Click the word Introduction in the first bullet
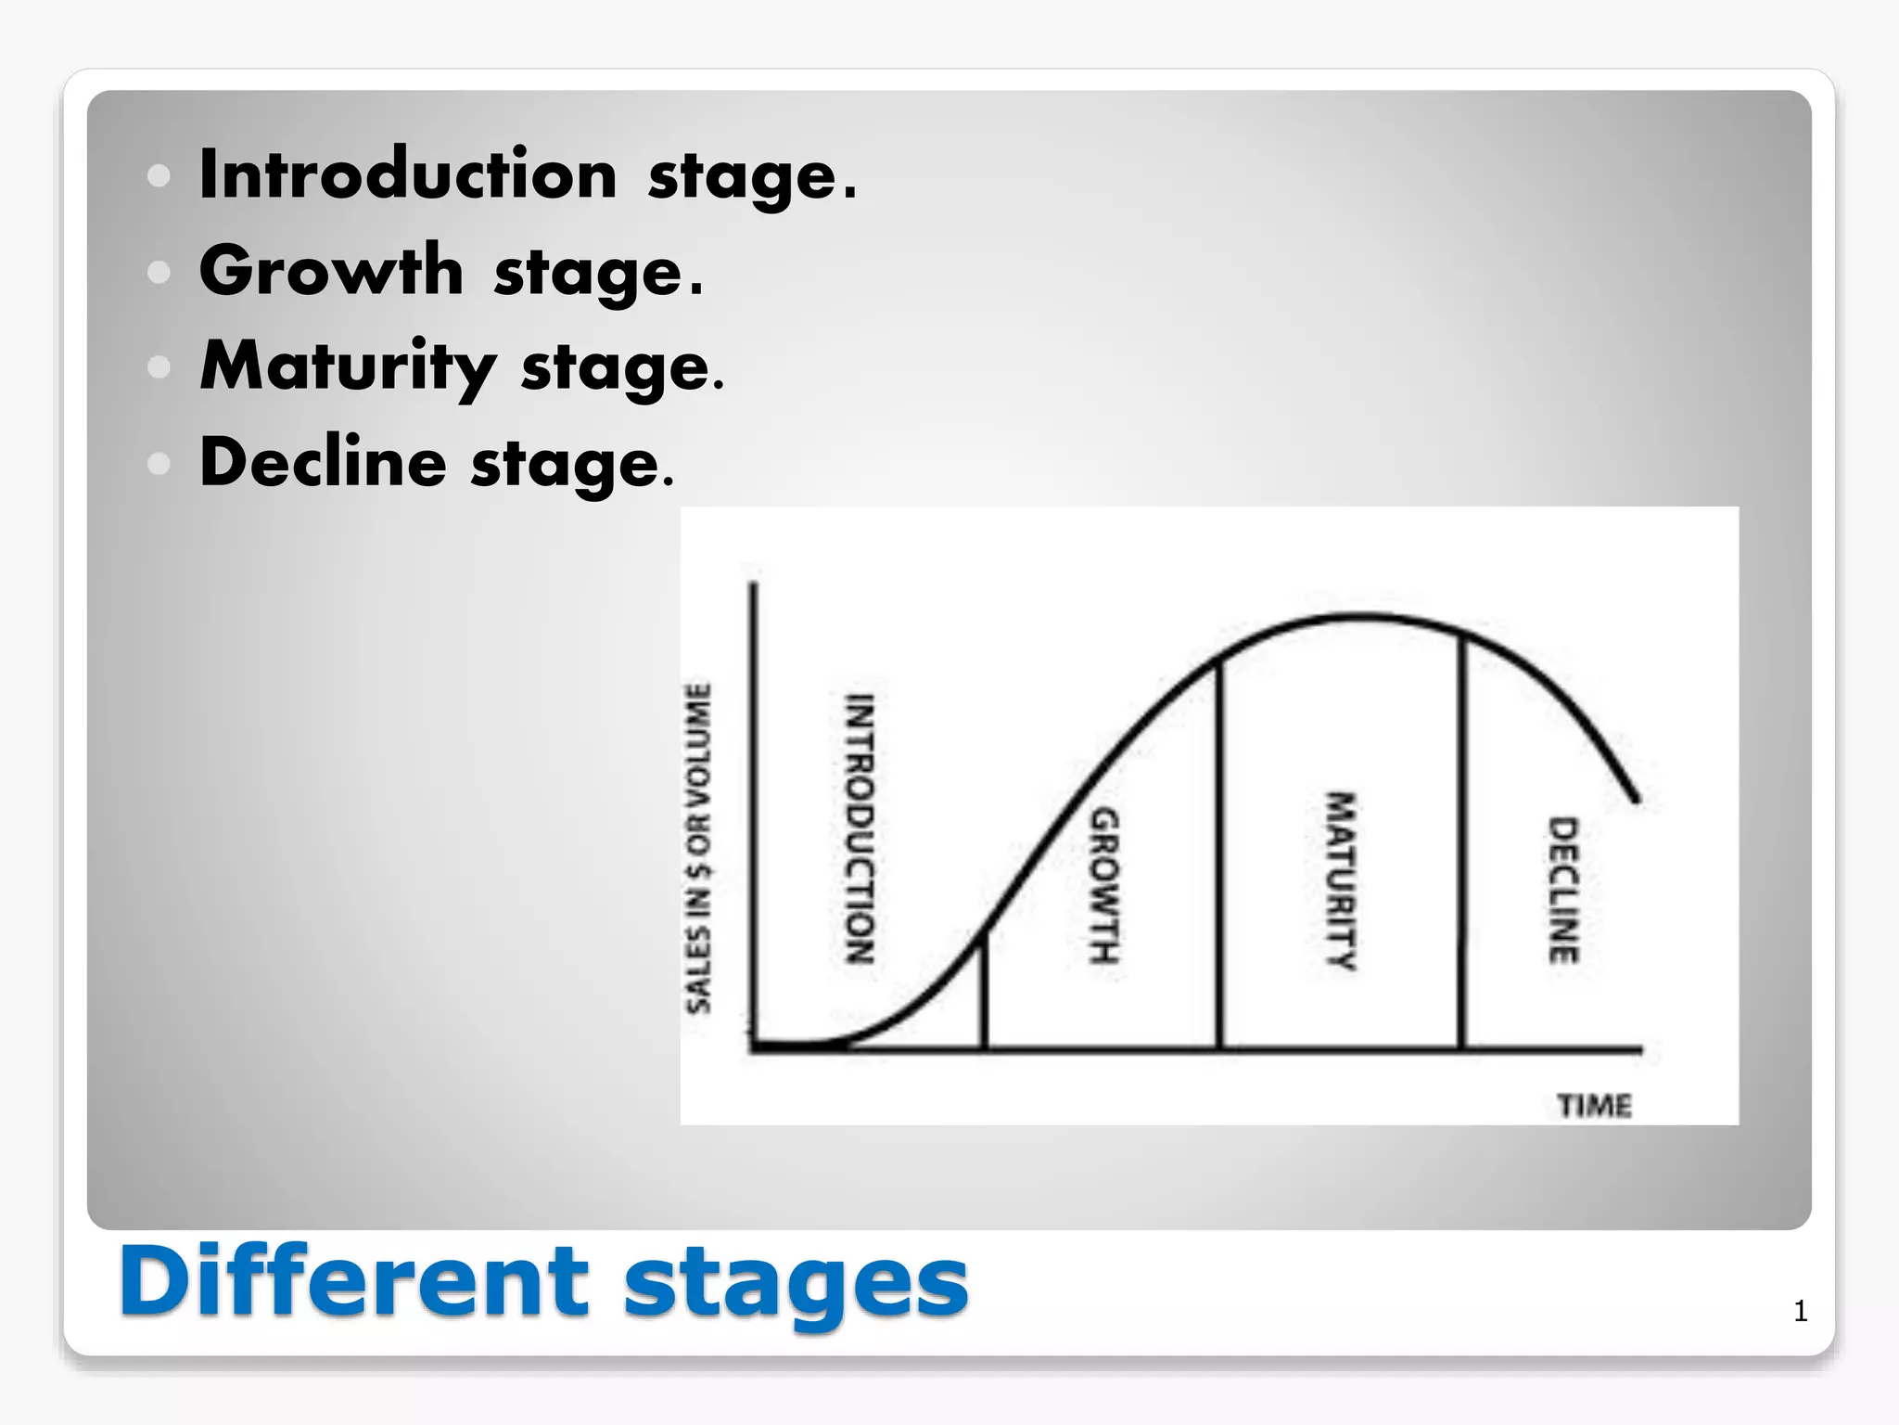click(x=408, y=174)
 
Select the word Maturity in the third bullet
click(x=348, y=366)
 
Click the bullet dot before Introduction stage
click(x=159, y=175)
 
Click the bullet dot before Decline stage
click(x=159, y=463)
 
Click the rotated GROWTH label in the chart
click(x=1103, y=885)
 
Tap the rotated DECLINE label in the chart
click(x=1563, y=890)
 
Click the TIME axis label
click(x=1594, y=1106)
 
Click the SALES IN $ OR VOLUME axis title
click(x=699, y=848)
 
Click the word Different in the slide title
click(x=352, y=1281)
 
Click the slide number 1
click(x=1800, y=1311)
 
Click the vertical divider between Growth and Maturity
click(x=1219, y=854)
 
